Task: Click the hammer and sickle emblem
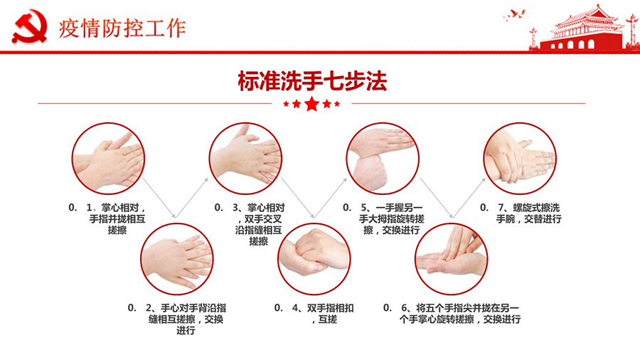click(29, 26)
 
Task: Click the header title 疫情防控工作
click(122, 28)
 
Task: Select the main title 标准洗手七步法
click(312, 80)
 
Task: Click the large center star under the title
click(312, 104)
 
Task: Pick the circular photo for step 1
click(108, 159)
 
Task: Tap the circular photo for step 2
click(177, 259)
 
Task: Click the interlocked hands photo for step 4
click(314, 259)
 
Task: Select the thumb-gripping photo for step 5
click(383, 159)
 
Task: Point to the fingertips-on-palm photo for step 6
click(452, 259)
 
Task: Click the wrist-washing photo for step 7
click(520, 159)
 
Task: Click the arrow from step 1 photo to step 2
click(159, 198)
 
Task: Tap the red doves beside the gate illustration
click(514, 16)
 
